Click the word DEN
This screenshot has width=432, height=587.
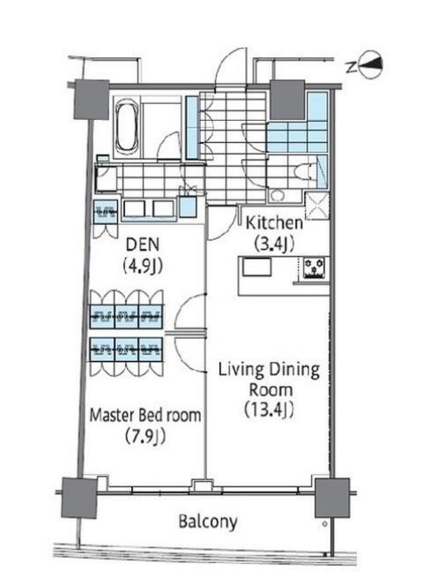(x=143, y=245)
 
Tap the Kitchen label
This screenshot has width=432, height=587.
(x=274, y=222)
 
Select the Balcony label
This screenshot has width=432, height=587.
(x=207, y=522)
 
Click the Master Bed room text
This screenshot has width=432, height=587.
(x=145, y=415)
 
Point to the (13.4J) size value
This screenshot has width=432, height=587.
(x=269, y=410)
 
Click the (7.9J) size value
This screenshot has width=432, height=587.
(x=145, y=436)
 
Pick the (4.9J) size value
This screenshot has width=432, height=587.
(x=143, y=266)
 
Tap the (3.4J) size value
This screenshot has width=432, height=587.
(x=274, y=245)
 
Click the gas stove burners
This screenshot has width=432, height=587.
(x=314, y=267)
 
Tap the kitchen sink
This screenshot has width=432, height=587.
(x=257, y=267)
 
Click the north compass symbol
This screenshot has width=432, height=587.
(x=370, y=64)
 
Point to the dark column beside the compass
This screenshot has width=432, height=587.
(x=287, y=99)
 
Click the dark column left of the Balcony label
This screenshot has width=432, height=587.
(x=79, y=498)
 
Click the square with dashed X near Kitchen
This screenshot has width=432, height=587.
(x=317, y=206)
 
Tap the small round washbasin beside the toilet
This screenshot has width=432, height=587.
(x=277, y=196)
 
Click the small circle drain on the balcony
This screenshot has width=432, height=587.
(x=324, y=524)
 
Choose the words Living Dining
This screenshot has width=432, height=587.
(x=269, y=370)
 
